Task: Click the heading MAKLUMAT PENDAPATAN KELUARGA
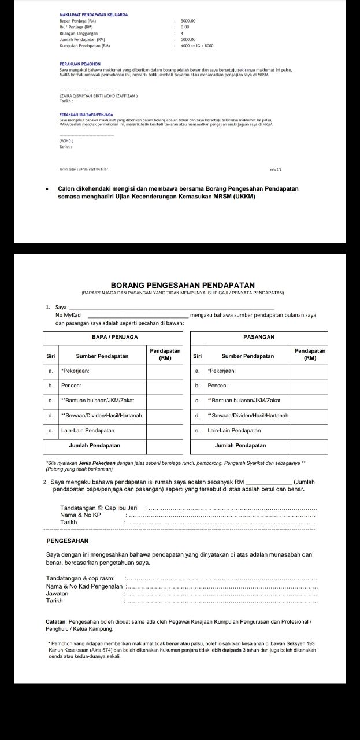[x=93, y=14]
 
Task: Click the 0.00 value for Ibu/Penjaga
[x=185, y=27]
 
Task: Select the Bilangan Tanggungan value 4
[x=182, y=33]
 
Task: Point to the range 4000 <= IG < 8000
[x=197, y=45]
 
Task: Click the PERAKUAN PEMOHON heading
[x=80, y=64]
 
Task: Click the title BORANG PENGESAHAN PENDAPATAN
[x=182, y=285]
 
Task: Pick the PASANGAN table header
[x=259, y=336]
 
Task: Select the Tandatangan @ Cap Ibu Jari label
[x=98, y=507]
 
